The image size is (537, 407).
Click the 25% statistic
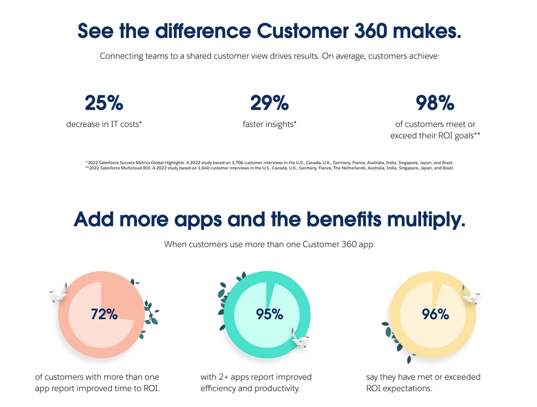click(x=104, y=103)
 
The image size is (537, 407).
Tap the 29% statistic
click(x=270, y=103)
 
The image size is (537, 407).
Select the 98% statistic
click(x=435, y=103)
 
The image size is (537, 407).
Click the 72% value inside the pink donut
click(x=104, y=315)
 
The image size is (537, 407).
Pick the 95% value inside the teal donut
click(x=270, y=315)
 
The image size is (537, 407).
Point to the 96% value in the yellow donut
click(x=435, y=315)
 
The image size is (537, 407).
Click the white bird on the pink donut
click(x=59, y=293)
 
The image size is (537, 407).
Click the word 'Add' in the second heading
click(x=94, y=220)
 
